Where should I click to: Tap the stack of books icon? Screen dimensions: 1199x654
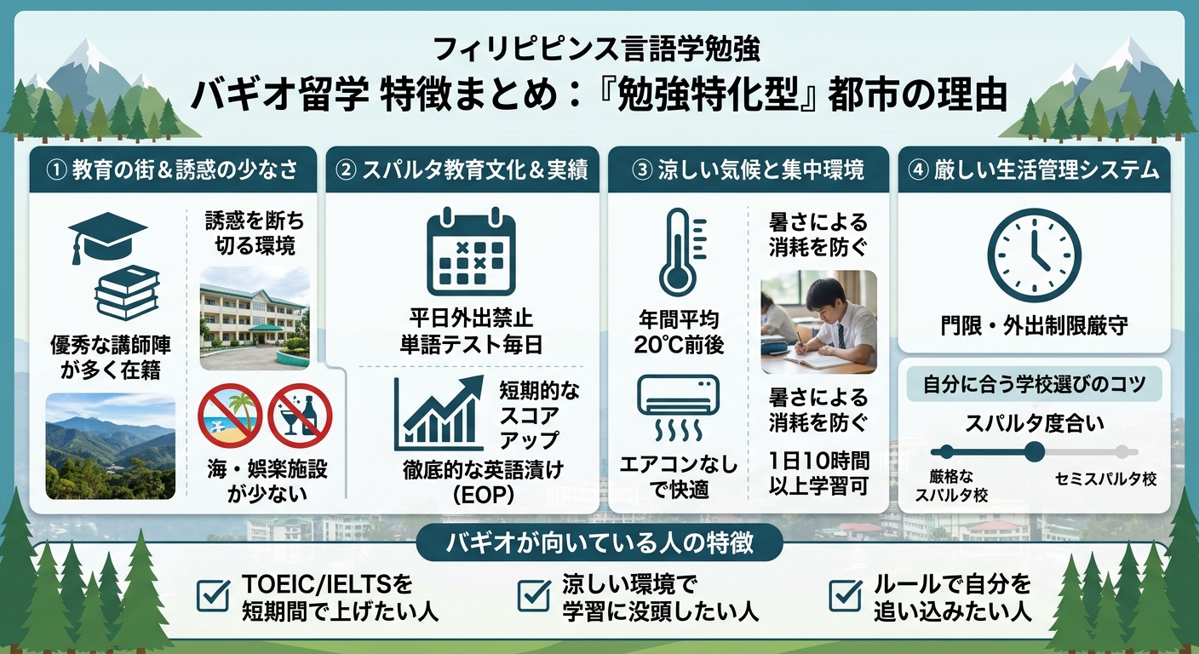pyautogui.click(x=127, y=292)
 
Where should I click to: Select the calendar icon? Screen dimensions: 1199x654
pyautogui.click(x=471, y=251)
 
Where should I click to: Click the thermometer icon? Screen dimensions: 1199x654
pyautogui.click(x=682, y=251)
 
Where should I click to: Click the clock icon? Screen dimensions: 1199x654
pyautogui.click(x=1034, y=255)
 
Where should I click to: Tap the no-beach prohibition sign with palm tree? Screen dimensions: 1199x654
pyautogui.click(x=230, y=416)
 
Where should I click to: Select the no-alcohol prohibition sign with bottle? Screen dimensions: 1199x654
pyautogui.click(x=300, y=416)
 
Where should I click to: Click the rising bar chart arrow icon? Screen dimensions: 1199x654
pyautogui.click(x=439, y=412)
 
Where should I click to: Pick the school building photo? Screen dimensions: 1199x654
pyautogui.click(x=255, y=318)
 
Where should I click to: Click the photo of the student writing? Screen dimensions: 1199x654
pyautogui.click(x=818, y=322)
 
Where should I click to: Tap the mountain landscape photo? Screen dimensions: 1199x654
pyautogui.click(x=110, y=446)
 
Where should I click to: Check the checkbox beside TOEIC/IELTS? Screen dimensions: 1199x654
pyautogui.click(x=214, y=594)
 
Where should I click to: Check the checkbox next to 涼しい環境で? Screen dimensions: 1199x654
pyautogui.click(x=534, y=594)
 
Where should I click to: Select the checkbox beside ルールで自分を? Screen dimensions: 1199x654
pyautogui.click(x=846, y=594)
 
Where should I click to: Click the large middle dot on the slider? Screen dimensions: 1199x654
pyautogui.click(x=1034, y=451)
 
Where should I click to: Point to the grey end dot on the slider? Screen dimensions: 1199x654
pyautogui.click(x=1122, y=452)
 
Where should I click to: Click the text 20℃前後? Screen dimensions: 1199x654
pyautogui.click(x=679, y=345)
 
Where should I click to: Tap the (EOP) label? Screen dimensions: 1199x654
pyautogui.click(x=484, y=495)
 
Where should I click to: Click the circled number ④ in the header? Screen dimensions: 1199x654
pyautogui.click(x=919, y=170)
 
